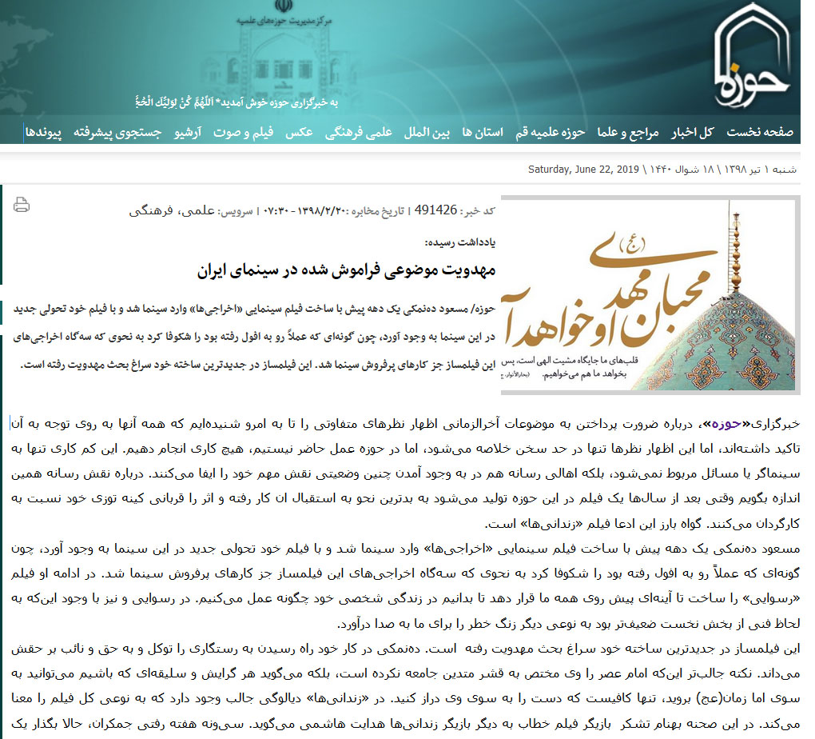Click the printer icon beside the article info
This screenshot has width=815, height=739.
pos(22,205)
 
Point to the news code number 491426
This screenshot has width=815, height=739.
pos(436,210)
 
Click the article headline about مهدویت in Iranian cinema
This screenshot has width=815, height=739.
pos(346,270)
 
